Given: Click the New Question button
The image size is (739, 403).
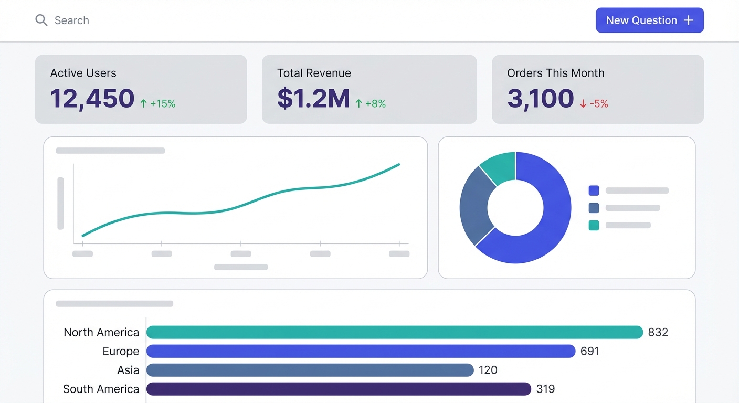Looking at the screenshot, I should pyautogui.click(x=649, y=20).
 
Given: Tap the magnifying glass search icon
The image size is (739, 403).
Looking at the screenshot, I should pyautogui.click(x=41, y=20).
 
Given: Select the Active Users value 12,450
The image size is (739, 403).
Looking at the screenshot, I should pyautogui.click(x=92, y=99).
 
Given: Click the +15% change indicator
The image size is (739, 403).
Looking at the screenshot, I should pyautogui.click(x=157, y=104).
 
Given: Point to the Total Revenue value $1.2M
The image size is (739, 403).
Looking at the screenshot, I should pyautogui.click(x=313, y=99).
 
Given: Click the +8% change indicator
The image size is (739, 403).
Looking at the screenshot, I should pyautogui.click(x=371, y=104).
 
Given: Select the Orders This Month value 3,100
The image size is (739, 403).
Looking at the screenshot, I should pyautogui.click(x=540, y=99).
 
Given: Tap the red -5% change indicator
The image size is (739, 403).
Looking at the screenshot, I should pyautogui.click(x=594, y=104).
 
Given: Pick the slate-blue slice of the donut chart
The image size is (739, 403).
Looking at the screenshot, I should pyautogui.click(x=474, y=206).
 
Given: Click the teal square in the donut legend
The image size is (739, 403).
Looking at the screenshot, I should pyautogui.click(x=594, y=225).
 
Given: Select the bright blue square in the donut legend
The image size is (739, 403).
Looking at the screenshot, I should pyautogui.click(x=594, y=190).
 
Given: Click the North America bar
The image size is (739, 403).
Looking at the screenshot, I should pyautogui.click(x=394, y=332).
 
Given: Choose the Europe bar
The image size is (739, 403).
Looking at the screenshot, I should pyautogui.click(x=361, y=351).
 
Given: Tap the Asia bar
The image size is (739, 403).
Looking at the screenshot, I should pyautogui.click(x=310, y=370).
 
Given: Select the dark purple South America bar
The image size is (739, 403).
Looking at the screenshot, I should pyautogui.click(x=339, y=389).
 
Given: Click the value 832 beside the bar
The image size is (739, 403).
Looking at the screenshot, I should pyautogui.click(x=658, y=332).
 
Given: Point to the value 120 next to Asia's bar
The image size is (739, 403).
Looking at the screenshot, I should pyautogui.click(x=488, y=370).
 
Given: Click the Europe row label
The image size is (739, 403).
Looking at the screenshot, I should pyautogui.click(x=121, y=351).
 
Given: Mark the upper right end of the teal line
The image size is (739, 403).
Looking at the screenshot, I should pyautogui.click(x=399, y=164).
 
